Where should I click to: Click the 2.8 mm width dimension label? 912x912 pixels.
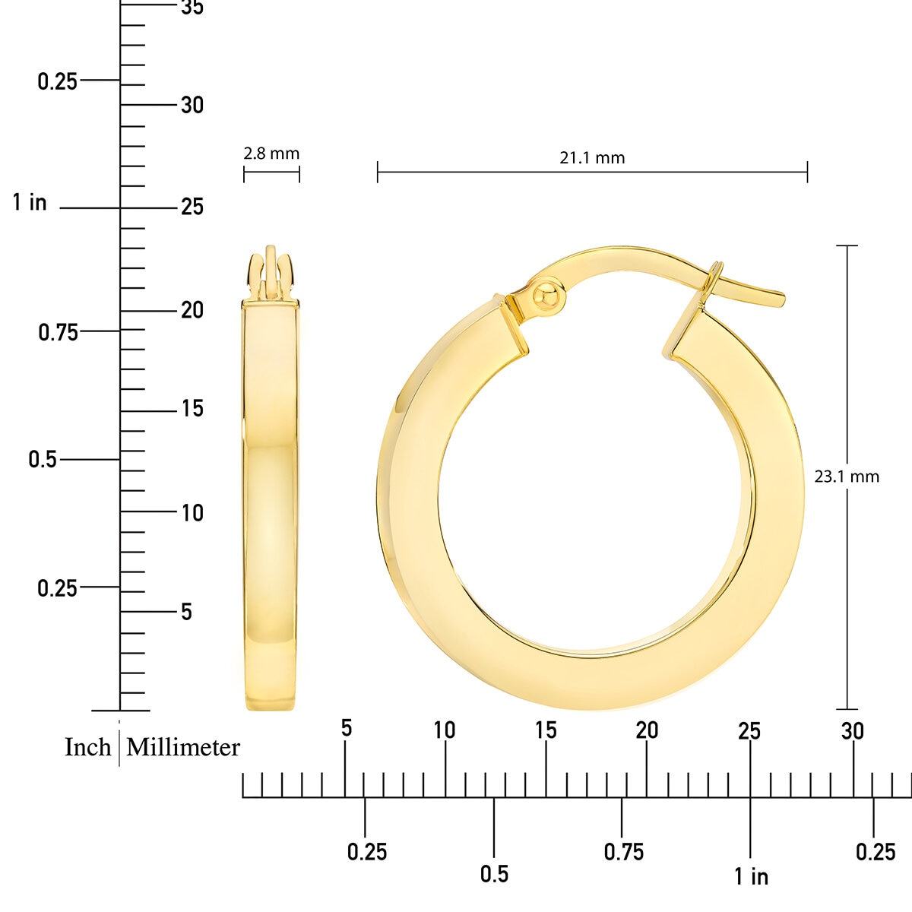point(271,154)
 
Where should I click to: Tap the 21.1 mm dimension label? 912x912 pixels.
point(592,158)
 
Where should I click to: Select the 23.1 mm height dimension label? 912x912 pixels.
point(847,477)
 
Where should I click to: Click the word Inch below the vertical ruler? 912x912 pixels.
point(88,747)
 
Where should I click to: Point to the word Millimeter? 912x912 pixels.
point(183,747)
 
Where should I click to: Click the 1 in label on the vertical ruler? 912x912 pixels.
point(30,203)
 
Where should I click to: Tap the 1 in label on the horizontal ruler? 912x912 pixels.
point(751,876)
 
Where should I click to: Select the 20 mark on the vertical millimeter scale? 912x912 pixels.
point(192,310)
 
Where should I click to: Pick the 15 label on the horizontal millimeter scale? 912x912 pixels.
point(546,730)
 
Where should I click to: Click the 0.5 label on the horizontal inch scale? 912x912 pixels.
point(494,874)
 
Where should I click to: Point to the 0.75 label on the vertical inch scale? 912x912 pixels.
point(59,332)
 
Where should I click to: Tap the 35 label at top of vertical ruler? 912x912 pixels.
point(192,8)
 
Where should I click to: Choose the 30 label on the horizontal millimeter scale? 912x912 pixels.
point(852,731)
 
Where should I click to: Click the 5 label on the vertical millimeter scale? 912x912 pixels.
point(186,612)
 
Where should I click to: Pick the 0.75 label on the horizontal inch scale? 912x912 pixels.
point(623,852)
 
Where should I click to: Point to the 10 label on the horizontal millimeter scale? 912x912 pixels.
point(445,730)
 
